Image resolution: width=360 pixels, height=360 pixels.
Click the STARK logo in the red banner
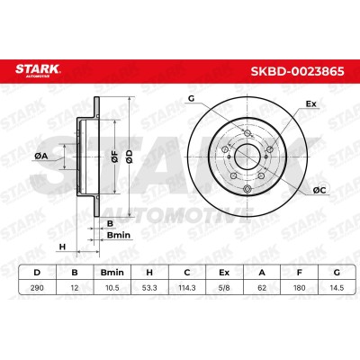click(38, 71)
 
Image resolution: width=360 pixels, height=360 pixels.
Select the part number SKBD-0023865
click(297, 72)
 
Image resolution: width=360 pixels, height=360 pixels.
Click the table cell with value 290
click(37, 288)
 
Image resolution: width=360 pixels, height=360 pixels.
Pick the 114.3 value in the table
click(187, 288)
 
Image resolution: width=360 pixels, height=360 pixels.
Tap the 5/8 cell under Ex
click(224, 288)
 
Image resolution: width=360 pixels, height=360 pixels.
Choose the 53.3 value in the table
click(149, 288)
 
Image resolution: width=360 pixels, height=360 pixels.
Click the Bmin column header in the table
click(112, 273)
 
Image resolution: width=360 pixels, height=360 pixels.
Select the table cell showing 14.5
click(337, 288)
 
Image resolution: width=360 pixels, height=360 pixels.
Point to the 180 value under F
click(299, 288)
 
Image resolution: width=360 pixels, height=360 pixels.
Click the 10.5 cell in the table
click(112, 288)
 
